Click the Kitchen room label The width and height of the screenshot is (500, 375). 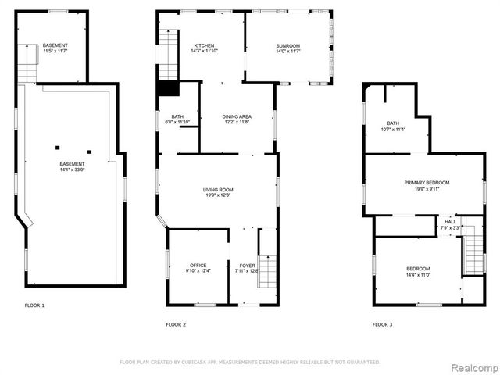coord(204,46)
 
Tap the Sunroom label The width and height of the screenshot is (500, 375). coord(287,46)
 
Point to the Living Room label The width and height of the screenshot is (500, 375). coord(219,190)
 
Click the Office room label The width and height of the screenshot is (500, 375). coord(198,266)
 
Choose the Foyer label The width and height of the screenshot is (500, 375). coord(247,266)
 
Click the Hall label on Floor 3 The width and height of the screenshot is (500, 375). coord(451,223)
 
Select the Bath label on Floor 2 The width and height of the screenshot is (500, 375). coord(177,116)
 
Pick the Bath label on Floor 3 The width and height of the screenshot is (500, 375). coord(394,123)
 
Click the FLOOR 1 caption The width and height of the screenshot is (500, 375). coord(34,305)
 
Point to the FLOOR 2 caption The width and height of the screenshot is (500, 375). coord(176,323)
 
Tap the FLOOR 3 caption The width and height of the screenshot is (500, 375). coord(382,323)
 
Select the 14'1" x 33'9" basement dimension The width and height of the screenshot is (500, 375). coord(72,169)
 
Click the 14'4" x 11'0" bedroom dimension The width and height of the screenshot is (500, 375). coord(418,275)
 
